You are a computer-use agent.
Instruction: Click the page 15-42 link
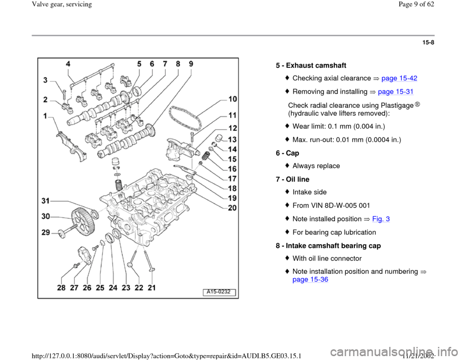(399, 78)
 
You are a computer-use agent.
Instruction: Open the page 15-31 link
(396, 92)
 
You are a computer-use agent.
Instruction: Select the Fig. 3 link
(381, 219)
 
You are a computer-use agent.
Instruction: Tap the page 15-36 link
(310, 279)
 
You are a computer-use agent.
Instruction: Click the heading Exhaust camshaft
(316, 65)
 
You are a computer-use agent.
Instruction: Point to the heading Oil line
(298, 180)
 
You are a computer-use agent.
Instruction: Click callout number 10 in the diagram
(233, 99)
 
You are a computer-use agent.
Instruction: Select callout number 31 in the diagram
(46, 201)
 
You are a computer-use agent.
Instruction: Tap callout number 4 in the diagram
(68, 64)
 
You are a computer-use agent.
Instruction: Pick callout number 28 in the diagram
(61, 288)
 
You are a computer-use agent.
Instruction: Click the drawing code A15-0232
(219, 292)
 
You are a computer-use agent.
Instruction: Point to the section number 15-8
(428, 43)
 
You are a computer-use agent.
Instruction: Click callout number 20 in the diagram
(233, 208)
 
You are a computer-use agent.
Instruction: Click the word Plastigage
(395, 105)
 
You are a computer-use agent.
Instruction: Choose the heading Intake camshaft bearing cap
(333, 245)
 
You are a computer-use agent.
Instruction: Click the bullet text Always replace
(316, 166)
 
